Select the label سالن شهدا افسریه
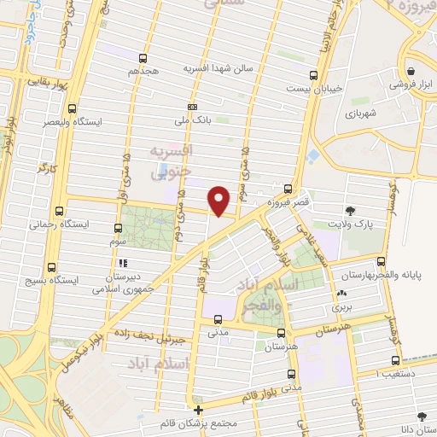tap(210, 67)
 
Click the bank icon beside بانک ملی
tap(193, 107)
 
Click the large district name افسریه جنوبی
tap(172, 160)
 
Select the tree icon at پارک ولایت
tap(350, 210)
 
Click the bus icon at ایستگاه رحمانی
tap(59, 210)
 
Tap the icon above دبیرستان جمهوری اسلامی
tap(123, 263)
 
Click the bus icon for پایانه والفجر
tap(382, 262)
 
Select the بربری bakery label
tap(343, 304)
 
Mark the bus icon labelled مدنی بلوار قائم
tap(292, 374)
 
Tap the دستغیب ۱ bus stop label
tap(399, 373)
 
